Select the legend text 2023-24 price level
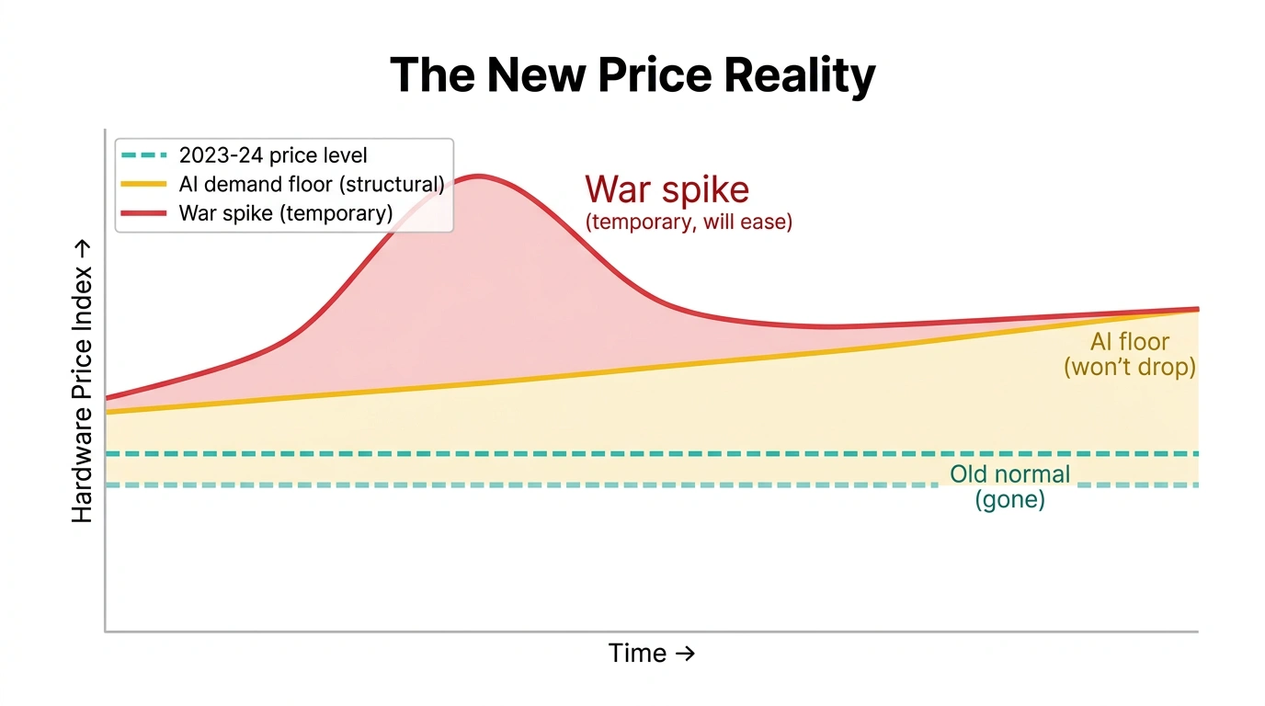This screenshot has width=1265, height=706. pos(273,155)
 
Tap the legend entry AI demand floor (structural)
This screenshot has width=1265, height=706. pos(311,184)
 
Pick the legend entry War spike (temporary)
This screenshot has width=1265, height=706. pos(285,213)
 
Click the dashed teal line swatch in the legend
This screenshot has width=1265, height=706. pos(142,155)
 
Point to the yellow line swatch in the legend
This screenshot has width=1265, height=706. pos(142,184)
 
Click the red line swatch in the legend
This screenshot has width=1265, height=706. pos(142,213)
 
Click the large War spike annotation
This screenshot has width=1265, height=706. pos(667,189)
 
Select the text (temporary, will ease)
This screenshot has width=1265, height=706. pos(689,222)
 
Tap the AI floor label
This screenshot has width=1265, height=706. pos(1130,342)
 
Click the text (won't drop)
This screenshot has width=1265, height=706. pos(1130,368)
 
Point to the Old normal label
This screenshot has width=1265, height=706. pos(1009,474)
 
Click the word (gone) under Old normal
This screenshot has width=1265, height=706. pos(1009,501)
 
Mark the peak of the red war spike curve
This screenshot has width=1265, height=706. pos(478,176)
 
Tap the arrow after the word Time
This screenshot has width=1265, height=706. pos(685,654)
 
